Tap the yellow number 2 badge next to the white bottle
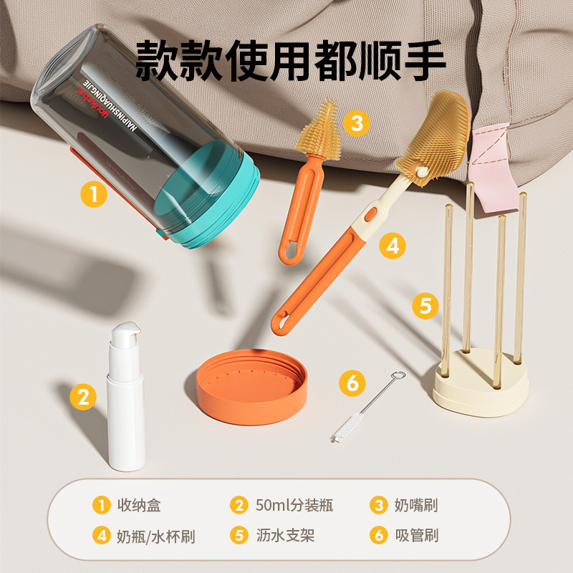pos(83,396)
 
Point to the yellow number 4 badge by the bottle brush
pos(392,246)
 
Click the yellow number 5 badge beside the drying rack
pos(425,306)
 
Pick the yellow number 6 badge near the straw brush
pos(352,383)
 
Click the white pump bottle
pos(126,415)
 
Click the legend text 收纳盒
pos(139,505)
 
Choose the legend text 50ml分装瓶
pos(294,505)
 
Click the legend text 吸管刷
pos(416,536)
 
